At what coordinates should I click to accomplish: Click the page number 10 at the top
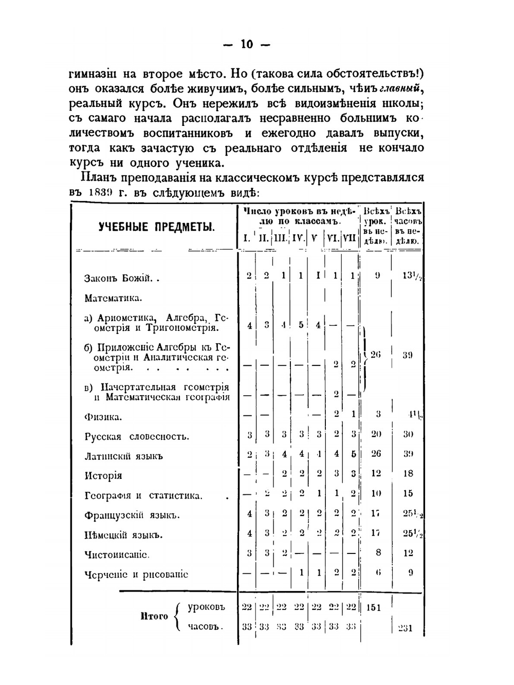tap(247, 44)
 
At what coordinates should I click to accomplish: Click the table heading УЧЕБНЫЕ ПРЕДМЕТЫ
tap(157, 227)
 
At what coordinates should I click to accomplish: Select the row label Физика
tap(103, 417)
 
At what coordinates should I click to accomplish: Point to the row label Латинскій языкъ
tap(123, 456)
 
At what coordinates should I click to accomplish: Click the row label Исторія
tap(103, 476)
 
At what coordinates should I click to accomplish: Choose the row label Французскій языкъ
tap(132, 515)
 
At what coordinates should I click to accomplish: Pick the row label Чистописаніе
tap(117, 554)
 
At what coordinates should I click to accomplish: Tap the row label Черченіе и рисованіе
tap(136, 575)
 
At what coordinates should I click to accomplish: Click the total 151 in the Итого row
tap(374, 607)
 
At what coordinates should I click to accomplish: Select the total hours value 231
tap(406, 628)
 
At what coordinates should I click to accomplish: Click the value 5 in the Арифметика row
tap(301, 325)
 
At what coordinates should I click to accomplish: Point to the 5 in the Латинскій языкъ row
tap(353, 454)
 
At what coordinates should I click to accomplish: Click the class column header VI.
tap(332, 238)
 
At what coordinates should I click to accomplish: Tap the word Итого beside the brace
tap(154, 616)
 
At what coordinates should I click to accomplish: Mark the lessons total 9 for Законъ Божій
tap(377, 275)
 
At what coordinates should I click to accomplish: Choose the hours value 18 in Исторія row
tap(408, 473)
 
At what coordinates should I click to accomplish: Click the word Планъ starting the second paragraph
tap(98, 178)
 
